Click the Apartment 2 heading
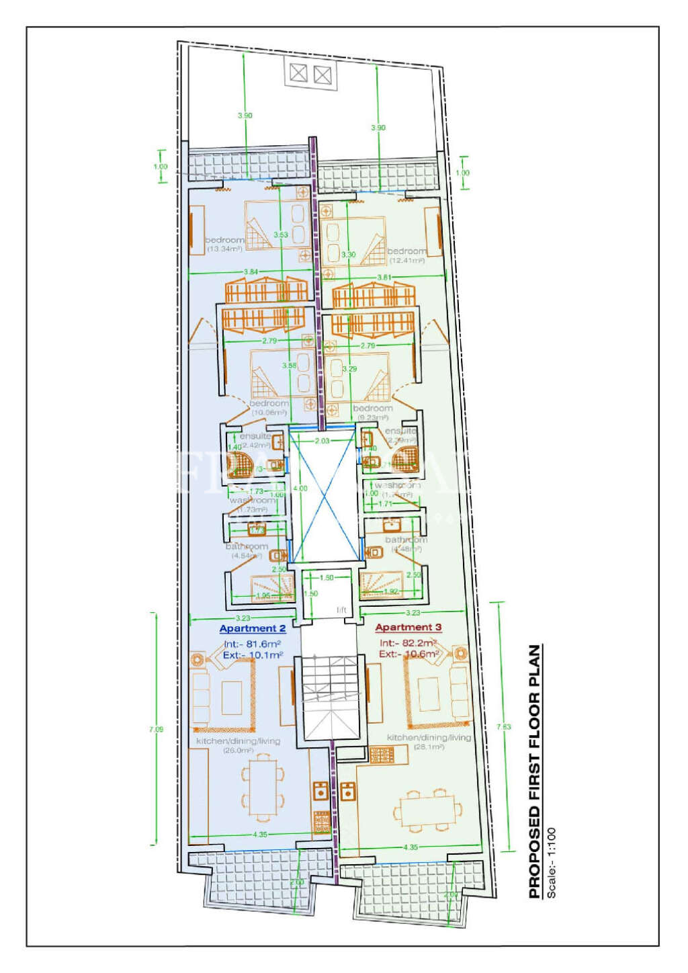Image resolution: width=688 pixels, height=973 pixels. [253, 629]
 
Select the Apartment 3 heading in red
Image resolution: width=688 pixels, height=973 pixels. [408, 628]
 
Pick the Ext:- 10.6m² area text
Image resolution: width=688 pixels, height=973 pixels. [408, 654]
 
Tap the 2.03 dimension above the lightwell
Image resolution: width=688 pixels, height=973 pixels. [322, 441]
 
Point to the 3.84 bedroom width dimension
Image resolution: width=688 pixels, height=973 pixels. [250, 271]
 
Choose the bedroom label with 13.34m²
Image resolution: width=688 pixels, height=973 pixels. [224, 244]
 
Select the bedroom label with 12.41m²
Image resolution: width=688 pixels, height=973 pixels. [407, 255]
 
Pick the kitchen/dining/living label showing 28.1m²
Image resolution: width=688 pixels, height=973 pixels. [429, 741]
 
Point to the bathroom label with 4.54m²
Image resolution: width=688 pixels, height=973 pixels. [247, 551]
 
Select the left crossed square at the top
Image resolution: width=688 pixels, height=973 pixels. [298, 73]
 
